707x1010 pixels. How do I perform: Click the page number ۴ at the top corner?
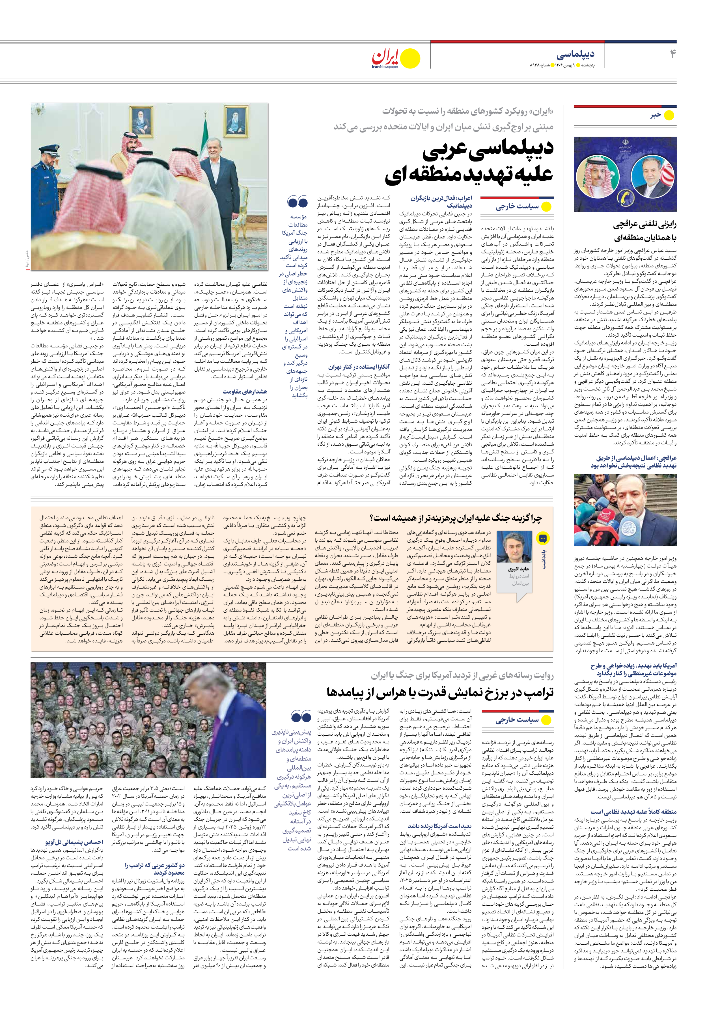pyautogui.click(x=672, y=54)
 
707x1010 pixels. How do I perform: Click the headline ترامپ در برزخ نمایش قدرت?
pyautogui.click(x=440, y=692)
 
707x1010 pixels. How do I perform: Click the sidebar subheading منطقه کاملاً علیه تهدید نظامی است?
pyautogui.click(x=633, y=812)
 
